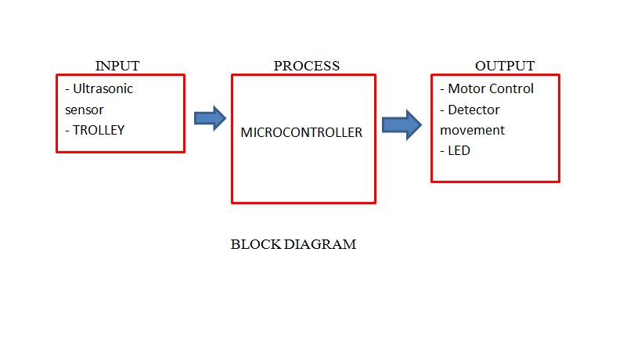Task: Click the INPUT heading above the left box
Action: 117,66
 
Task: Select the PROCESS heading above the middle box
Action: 306,66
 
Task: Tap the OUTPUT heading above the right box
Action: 505,66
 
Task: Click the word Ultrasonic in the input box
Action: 103,89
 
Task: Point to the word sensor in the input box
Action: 85,110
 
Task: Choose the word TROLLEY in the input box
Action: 99,131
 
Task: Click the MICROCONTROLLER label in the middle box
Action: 301,133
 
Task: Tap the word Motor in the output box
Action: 466,89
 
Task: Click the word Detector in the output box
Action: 474,110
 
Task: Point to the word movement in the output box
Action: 472,131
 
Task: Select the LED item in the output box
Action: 459,151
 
